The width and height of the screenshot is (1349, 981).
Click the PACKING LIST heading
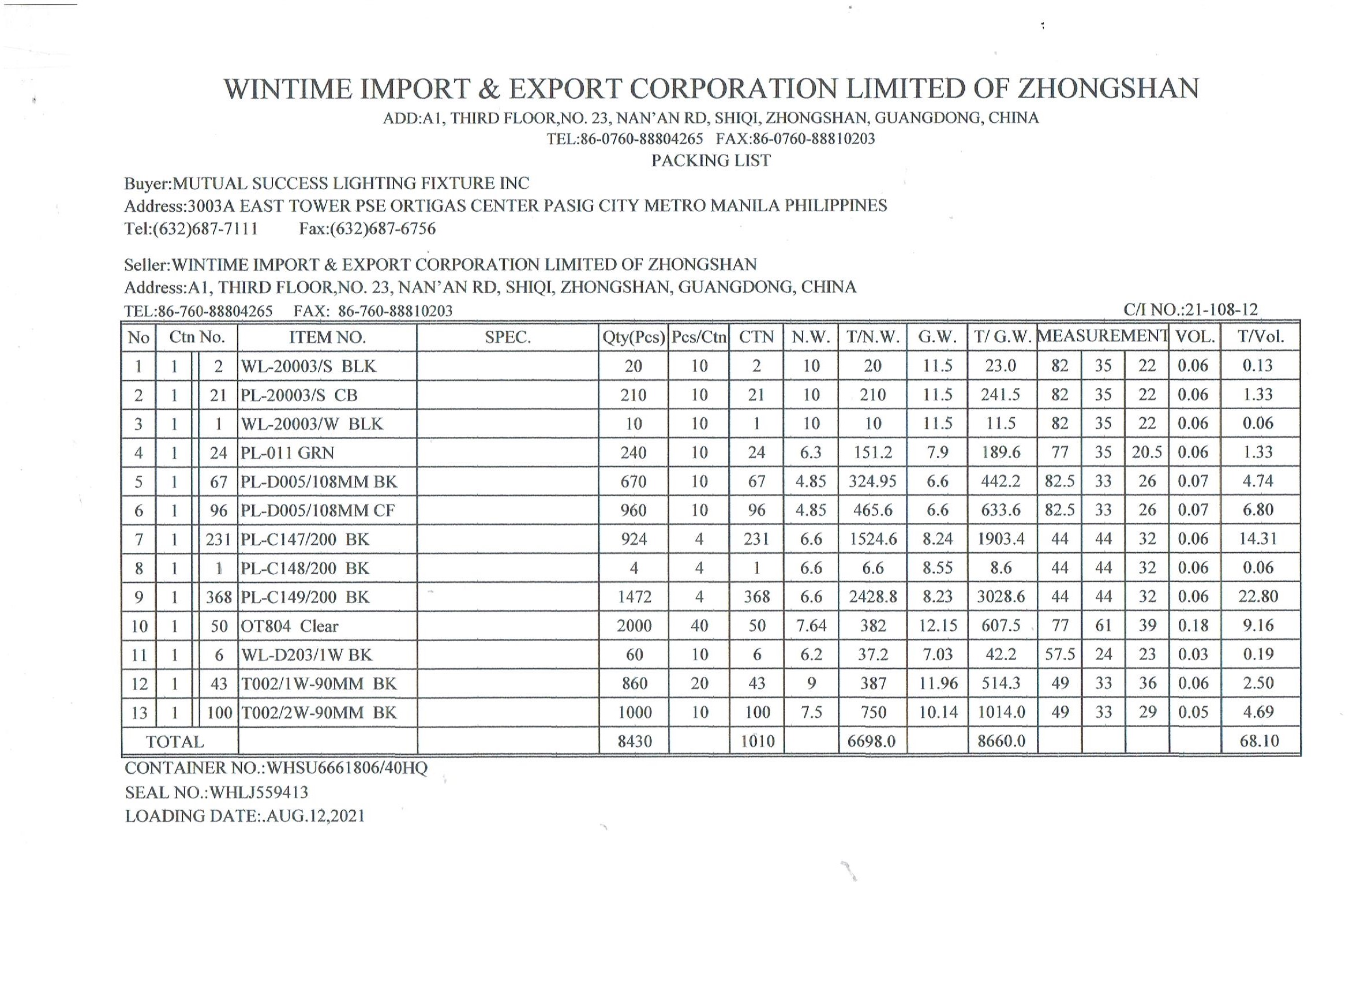[711, 160]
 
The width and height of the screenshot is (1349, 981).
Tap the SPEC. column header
[507, 338]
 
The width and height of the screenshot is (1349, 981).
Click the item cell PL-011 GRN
[287, 453]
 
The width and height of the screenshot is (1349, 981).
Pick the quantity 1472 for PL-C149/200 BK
[634, 597]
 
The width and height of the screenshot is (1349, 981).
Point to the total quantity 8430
[635, 742]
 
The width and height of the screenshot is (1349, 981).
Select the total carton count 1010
[756, 742]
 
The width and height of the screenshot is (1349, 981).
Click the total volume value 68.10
[1258, 741]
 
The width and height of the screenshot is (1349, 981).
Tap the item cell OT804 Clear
[290, 626]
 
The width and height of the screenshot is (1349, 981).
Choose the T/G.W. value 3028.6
[1001, 597]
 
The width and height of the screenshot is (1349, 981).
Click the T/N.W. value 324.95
[872, 481]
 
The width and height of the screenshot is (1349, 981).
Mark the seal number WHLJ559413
[258, 792]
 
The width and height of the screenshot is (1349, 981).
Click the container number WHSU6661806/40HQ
[347, 768]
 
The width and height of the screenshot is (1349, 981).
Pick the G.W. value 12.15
[938, 626]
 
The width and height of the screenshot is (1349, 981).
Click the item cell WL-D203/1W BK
[306, 655]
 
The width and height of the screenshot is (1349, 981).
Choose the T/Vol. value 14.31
[1258, 539]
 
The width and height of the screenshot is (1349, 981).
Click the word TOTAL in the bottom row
[175, 742]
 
